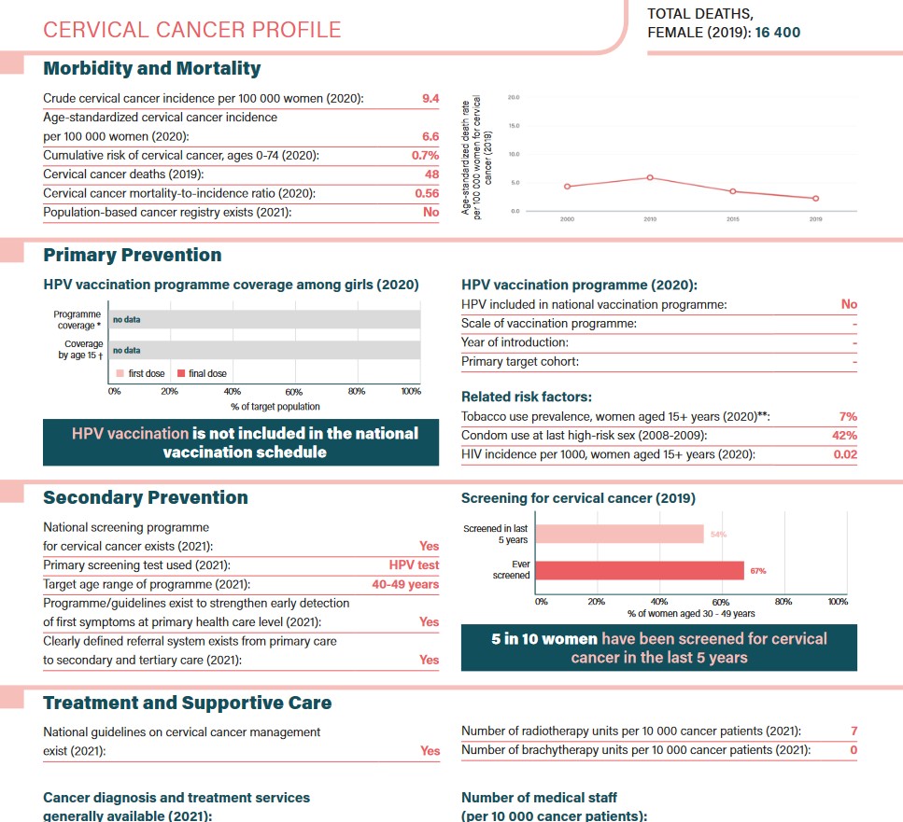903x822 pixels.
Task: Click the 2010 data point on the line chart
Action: click(650, 177)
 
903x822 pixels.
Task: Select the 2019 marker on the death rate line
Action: click(815, 198)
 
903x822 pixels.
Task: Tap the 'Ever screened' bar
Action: click(640, 570)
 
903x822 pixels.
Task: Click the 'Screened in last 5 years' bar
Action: click(619, 534)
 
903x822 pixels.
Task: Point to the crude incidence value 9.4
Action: click(430, 98)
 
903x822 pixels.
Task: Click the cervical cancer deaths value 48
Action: click(431, 174)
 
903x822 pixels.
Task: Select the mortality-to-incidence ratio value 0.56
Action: click(427, 193)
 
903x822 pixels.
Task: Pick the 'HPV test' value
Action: click(414, 565)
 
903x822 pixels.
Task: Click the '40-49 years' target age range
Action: click(405, 584)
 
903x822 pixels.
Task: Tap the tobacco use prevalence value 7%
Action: click(848, 416)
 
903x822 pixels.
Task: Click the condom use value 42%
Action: click(845, 436)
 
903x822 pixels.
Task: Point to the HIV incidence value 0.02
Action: click(845, 454)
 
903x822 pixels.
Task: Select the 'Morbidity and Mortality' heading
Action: click(152, 68)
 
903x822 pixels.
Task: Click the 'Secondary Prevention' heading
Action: click(146, 497)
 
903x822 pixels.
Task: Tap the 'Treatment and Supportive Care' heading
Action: click(188, 703)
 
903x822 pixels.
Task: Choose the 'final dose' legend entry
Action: click(203, 373)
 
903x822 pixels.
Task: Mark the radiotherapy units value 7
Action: click(854, 731)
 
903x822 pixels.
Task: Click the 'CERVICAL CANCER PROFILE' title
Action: click(192, 30)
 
